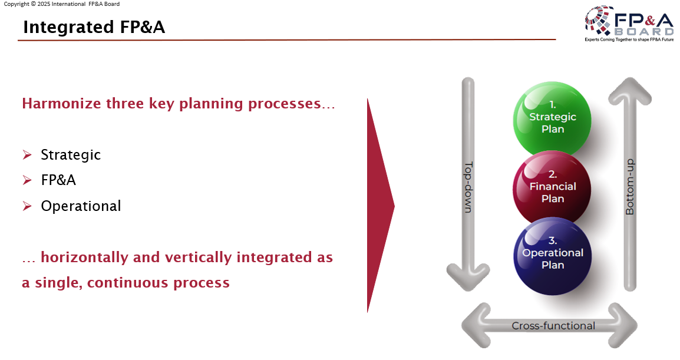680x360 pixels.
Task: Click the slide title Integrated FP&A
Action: [94, 27]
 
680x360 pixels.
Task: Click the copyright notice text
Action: [62, 4]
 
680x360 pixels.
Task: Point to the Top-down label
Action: [469, 187]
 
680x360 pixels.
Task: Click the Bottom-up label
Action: [629, 187]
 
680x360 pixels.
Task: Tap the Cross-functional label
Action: [553, 326]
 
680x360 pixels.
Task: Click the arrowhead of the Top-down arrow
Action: [469, 277]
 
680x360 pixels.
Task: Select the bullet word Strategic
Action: [71, 155]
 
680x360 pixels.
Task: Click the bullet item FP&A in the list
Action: [58, 180]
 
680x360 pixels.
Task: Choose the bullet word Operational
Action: [81, 206]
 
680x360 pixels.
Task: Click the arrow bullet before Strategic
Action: [27, 155]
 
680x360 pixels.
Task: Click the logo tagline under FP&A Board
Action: [629, 39]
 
